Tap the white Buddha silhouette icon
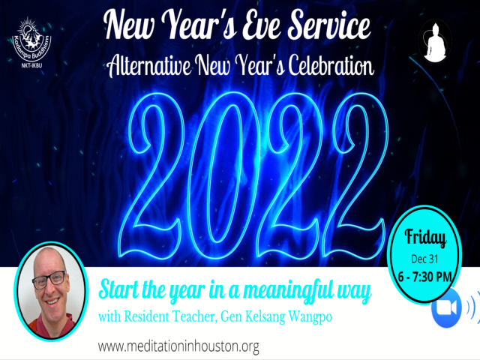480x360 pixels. [435, 41]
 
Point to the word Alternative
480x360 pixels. [149, 65]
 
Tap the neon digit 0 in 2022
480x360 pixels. [220, 175]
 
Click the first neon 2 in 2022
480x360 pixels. [157, 175]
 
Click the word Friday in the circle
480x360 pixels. [425, 238]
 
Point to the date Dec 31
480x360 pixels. [424, 259]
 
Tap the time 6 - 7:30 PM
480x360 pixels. [425, 277]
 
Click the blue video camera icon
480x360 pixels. [446, 307]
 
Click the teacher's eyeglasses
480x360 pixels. [49, 279]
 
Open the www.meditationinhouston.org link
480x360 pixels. [178, 346]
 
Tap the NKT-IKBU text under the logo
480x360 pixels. [31, 64]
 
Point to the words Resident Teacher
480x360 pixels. [171, 316]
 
